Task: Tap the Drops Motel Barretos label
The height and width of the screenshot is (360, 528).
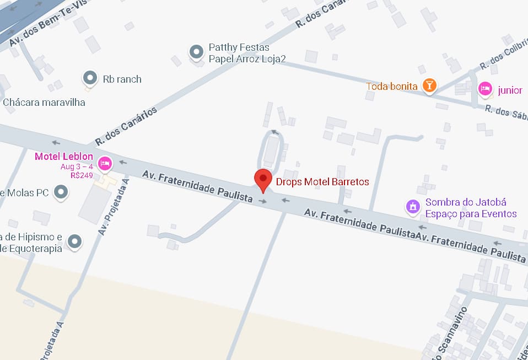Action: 322,181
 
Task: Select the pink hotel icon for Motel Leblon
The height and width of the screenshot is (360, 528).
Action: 105,163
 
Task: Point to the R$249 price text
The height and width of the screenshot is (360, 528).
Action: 82,175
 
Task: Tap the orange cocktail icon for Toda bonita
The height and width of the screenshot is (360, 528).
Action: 429,85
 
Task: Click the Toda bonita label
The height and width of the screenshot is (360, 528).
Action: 392,87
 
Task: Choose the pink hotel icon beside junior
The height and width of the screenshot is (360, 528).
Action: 485,89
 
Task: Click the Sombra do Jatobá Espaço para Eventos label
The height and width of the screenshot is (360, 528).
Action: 471,208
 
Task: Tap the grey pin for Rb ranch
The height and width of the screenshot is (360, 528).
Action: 89,78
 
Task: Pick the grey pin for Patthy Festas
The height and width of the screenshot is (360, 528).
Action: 196,52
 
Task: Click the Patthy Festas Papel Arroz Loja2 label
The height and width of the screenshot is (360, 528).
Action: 247,53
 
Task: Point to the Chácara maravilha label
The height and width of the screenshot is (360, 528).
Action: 44,103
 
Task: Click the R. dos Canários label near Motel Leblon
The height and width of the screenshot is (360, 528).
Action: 126,126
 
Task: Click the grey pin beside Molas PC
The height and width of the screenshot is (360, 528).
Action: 61,192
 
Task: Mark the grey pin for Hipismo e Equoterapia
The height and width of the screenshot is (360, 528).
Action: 74,241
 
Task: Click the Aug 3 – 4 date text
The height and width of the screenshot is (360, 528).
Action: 77,166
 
